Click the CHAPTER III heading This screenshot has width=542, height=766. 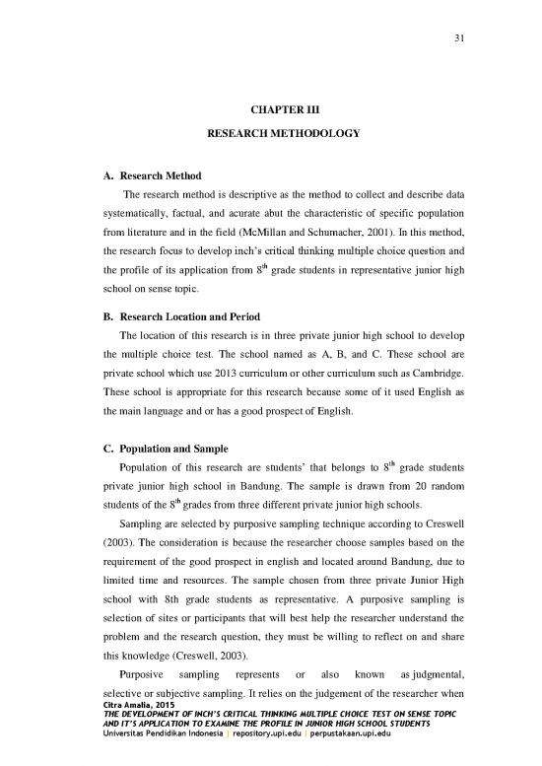[271, 106]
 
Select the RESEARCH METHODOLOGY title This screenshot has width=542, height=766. [271, 131]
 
